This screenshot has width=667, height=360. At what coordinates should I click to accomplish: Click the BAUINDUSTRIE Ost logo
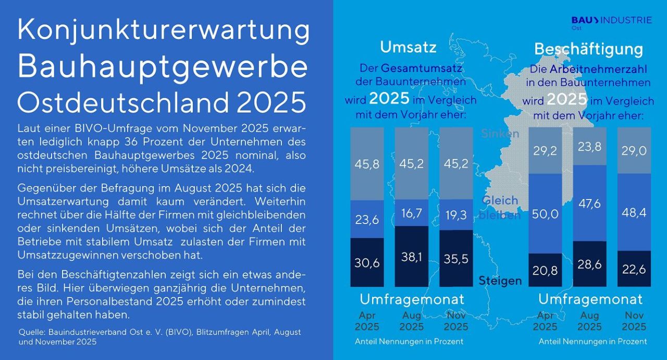[611, 22]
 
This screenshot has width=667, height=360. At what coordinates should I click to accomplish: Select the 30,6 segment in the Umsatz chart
[367, 262]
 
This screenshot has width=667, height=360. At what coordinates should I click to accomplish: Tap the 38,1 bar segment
[412, 256]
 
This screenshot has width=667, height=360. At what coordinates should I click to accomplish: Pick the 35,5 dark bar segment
[456, 258]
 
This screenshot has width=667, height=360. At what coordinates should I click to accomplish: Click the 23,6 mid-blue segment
[367, 219]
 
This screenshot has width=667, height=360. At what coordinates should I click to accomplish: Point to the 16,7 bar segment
[412, 213]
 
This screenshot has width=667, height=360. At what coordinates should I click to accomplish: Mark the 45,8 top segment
[367, 164]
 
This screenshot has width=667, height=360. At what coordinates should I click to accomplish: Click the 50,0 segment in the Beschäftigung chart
[545, 214]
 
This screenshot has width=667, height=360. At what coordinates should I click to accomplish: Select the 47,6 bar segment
[589, 203]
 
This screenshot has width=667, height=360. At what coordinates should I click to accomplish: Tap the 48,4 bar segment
[634, 212]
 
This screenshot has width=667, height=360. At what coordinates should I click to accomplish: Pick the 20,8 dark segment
[545, 270]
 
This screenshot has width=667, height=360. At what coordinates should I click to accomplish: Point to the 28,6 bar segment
[589, 264]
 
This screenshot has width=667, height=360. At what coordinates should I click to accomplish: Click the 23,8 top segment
[589, 146]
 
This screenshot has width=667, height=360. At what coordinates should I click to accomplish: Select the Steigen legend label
[500, 281]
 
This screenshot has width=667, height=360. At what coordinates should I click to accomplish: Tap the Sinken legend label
[500, 133]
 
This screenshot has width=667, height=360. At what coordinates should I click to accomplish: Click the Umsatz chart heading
[408, 47]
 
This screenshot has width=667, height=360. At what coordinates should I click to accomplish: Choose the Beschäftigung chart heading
[588, 49]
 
